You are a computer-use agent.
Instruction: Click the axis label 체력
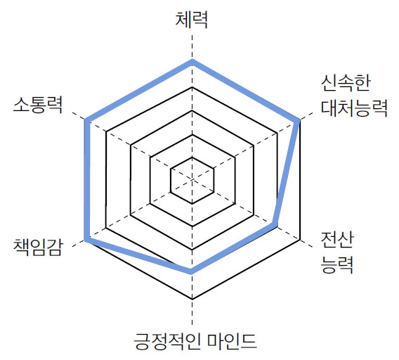(192, 20)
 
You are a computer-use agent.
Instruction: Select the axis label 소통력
(38, 105)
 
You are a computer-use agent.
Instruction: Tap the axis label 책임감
(38, 247)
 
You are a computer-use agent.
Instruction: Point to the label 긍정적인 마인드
(195, 340)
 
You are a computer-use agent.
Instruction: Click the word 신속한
(346, 83)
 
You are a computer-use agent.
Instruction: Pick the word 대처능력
(354, 108)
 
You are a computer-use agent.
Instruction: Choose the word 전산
(337, 240)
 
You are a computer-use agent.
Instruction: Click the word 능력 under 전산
(337, 264)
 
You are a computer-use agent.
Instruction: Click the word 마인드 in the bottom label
(232, 340)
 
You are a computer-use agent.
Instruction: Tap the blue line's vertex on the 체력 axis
(192, 61)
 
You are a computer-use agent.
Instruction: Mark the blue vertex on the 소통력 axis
(86, 120)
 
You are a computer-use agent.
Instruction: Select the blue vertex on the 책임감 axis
(86, 240)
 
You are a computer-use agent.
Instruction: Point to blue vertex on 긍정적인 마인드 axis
(191, 271)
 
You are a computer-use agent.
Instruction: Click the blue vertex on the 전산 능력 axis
(275, 225)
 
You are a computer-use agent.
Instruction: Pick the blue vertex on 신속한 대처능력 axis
(299, 121)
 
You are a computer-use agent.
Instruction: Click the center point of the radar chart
(192, 180)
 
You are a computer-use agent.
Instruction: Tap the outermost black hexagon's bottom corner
(192, 299)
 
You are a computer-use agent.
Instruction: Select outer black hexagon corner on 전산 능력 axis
(300, 240)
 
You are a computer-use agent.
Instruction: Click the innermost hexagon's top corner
(192, 157)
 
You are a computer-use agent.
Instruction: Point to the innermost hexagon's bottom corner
(192, 203)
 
